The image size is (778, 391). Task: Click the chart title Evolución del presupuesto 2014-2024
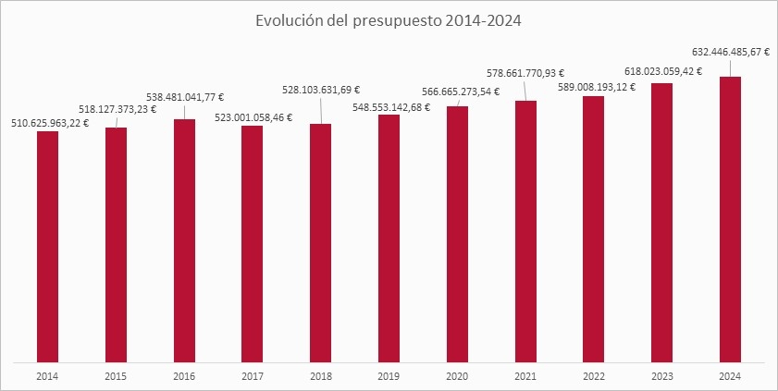click(x=389, y=21)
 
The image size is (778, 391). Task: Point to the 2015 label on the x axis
click(x=116, y=376)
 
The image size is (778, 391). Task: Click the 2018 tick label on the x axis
click(x=320, y=376)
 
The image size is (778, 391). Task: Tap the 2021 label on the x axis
click(x=525, y=376)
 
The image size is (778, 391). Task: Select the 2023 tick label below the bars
click(x=661, y=376)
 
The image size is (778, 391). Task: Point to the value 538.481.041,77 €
click(x=191, y=95)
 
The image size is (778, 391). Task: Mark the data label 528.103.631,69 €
click(x=320, y=90)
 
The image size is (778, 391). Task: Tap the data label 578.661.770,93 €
click(x=525, y=71)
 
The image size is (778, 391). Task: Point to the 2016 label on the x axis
click(x=184, y=376)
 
